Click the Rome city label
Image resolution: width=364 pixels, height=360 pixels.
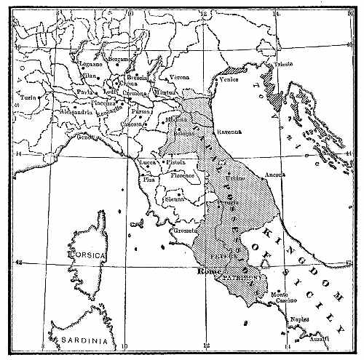tap(208, 271)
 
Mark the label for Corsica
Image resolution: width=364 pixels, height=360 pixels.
tap(87, 257)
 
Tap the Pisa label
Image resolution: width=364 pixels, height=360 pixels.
tap(150, 179)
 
